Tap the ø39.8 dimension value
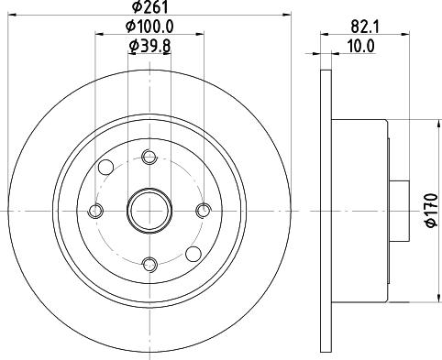coord(149,47)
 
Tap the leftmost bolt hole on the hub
coord(95,212)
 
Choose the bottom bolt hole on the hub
coord(149,265)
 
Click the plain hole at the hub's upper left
coord(105,168)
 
